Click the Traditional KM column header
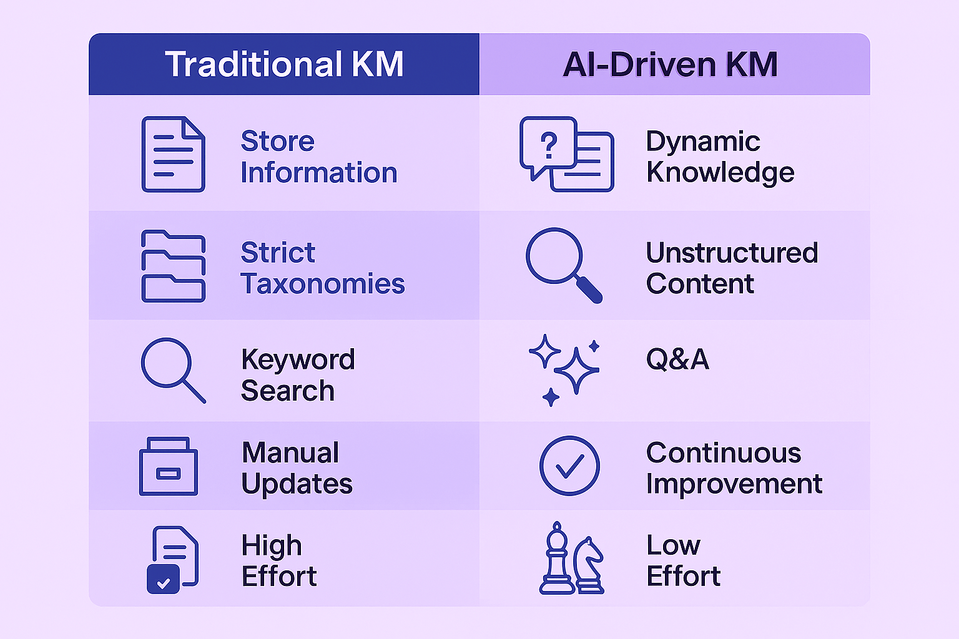284,64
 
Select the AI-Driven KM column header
670,64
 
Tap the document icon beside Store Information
173,154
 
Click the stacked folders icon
173,266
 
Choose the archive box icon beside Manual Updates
168,467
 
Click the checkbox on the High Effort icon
163,580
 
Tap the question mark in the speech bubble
549,145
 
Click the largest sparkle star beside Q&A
576,371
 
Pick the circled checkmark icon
569,466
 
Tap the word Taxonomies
323,284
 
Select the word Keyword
298,359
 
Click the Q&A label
677,359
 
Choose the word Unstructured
732,253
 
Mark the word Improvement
734,484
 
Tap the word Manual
290,452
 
